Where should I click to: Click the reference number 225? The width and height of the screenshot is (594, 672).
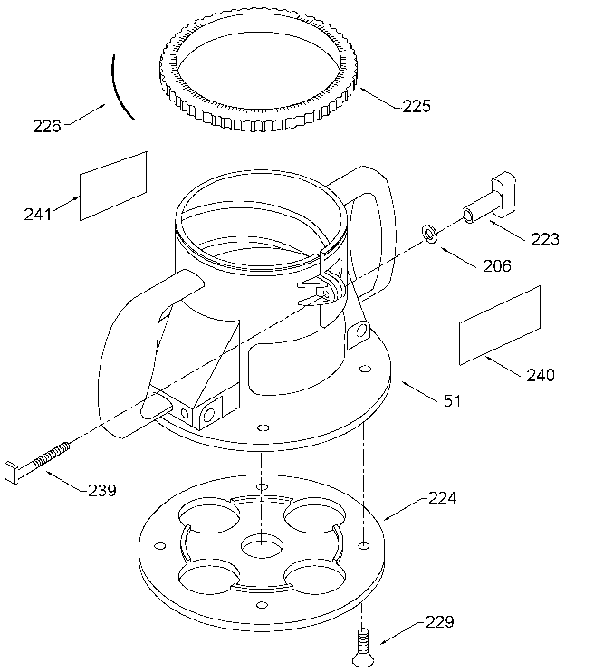point(416,106)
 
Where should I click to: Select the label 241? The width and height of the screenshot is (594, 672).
point(38,214)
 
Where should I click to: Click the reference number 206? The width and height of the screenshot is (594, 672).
point(497,266)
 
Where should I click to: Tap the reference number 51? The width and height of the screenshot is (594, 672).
point(451,399)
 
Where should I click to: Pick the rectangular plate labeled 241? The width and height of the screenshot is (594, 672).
point(114,185)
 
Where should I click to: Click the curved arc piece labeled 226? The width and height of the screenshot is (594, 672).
point(121,86)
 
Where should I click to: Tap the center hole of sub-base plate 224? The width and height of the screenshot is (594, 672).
point(261,546)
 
